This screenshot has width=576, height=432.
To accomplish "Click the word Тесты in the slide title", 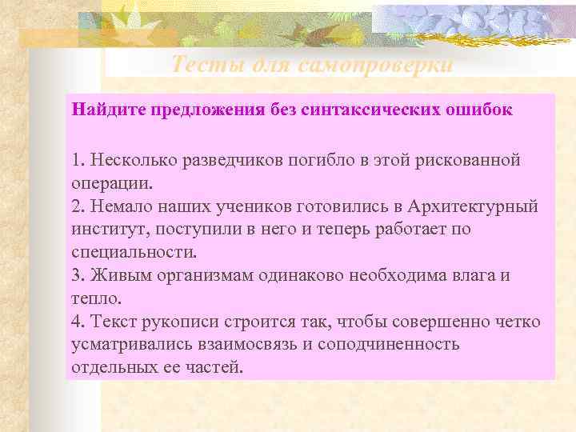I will click(202, 65).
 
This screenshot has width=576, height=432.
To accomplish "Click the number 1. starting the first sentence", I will click(77, 160).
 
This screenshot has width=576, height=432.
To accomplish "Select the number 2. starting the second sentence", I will click(78, 206).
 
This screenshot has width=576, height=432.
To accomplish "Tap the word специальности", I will click(133, 252).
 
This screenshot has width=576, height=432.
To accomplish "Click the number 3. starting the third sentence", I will click(78, 275).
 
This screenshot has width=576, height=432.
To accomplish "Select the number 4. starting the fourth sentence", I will click(78, 322).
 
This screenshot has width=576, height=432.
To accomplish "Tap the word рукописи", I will click(170, 322).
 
